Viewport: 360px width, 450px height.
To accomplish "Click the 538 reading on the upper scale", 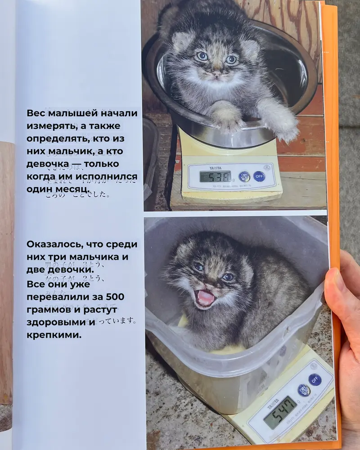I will tap(216, 176).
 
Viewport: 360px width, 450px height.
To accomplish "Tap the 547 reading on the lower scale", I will tap(280, 412).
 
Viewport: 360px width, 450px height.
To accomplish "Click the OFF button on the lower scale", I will tap(315, 380).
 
